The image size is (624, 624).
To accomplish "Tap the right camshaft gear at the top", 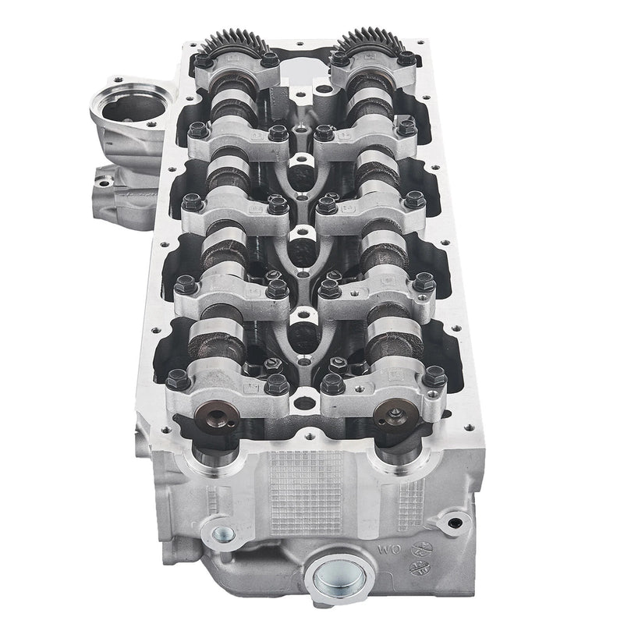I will pyautogui.click(x=371, y=39).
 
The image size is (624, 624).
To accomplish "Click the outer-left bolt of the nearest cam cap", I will pyautogui.click(x=176, y=380).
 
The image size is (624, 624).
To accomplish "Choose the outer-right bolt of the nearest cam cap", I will pyautogui.click(x=434, y=379).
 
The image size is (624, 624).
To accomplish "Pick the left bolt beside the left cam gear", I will pyautogui.click(x=204, y=60).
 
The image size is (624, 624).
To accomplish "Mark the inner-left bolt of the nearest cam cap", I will pyautogui.click(x=276, y=384).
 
